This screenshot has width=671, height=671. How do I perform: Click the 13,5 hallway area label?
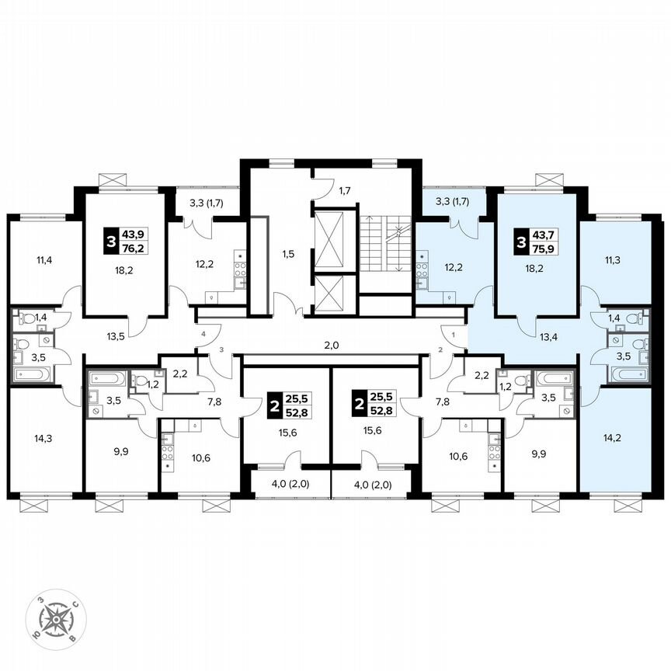click(x=115, y=337)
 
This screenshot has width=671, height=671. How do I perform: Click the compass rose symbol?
click(x=54, y=621)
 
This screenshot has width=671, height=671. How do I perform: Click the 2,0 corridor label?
click(x=332, y=345)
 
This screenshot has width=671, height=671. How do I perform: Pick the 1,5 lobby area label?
click(x=288, y=254)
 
